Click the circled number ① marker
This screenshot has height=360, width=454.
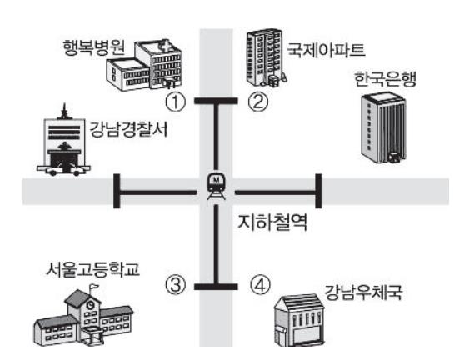(x=175, y=102)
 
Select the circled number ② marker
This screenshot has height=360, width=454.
(x=258, y=102)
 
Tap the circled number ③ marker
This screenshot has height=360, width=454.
(x=175, y=285)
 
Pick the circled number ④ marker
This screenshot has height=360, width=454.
(x=260, y=284)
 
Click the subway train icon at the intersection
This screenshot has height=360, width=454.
(x=216, y=185)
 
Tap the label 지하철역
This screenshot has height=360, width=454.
(x=272, y=222)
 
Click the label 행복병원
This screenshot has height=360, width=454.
(x=94, y=47)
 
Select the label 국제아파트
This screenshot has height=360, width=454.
(x=326, y=50)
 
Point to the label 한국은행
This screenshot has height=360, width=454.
(x=386, y=79)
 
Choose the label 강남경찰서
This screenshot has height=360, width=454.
(x=128, y=129)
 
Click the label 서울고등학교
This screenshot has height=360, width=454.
(x=93, y=269)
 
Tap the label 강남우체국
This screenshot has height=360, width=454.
(x=363, y=292)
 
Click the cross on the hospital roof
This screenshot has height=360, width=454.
(x=166, y=47)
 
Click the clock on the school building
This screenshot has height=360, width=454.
(x=91, y=304)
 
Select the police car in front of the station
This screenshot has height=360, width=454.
(x=64, y=170)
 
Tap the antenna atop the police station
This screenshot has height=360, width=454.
(x=64, y=111)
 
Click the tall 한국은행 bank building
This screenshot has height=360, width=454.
(x=383, y=127)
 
